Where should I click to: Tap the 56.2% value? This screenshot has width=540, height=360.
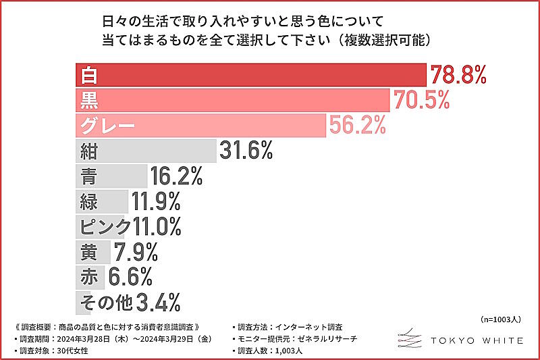click(356, 125)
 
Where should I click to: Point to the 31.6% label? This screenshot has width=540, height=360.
click(245, 151)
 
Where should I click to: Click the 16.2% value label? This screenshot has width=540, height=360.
click(175, 176)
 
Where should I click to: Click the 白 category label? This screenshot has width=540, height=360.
click(88, 75)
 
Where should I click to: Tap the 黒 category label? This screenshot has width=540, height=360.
click(89, 101)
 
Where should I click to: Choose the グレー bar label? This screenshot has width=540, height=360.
click(108, 126)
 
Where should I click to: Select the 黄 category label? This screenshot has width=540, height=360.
click(88, 252)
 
